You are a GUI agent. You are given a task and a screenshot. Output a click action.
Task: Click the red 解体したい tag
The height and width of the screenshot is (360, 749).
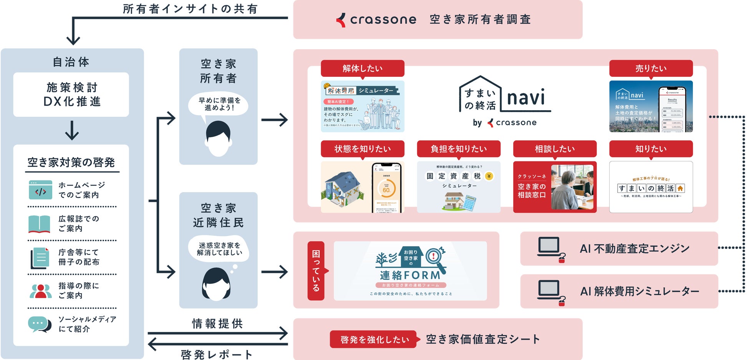coord(362,68)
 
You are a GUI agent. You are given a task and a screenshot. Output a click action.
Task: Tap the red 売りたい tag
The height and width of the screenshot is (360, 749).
coord(651,68)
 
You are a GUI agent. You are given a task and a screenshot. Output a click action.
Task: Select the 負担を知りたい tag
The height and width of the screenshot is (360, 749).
coord(459,149)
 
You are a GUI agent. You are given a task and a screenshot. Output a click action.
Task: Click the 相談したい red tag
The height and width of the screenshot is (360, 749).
coord(555,149)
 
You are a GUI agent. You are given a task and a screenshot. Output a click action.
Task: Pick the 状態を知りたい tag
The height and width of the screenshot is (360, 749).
coord(362,149)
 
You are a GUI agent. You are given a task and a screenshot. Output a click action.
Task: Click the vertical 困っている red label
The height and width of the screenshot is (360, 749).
coord(316,271)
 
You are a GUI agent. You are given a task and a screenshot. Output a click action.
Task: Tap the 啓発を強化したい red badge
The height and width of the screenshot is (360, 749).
coord(374,339)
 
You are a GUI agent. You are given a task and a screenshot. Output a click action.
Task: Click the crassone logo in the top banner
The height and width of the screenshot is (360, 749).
coord(376,19)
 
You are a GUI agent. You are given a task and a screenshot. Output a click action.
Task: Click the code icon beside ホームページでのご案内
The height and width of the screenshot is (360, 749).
coord(40,190)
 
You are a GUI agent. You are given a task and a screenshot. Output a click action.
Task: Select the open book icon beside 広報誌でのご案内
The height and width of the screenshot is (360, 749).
coord(39,224)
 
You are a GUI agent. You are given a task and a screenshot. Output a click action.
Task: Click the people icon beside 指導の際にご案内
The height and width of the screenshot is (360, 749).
coord(40,291)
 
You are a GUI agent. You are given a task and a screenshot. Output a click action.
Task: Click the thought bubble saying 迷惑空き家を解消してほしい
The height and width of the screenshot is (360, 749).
coord(219,249)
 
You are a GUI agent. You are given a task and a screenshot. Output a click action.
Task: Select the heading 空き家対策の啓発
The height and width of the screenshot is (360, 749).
coord(71,162)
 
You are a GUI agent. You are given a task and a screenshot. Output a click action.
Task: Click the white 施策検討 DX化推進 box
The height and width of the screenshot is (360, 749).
coord(71,95)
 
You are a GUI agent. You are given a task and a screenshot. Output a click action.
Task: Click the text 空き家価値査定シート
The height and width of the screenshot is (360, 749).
coord(483,339)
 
